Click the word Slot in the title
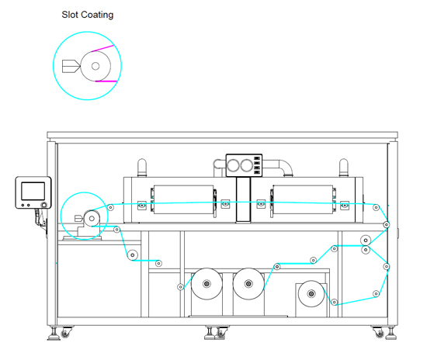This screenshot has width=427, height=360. point(70,15)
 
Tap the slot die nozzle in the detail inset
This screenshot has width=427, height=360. point(71,66)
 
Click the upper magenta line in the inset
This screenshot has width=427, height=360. point(102,48)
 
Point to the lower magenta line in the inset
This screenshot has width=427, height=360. point(106,81)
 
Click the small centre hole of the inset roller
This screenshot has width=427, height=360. point(95,66)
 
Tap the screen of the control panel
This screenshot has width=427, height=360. point(33,191)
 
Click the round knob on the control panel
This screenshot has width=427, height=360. point(43,205)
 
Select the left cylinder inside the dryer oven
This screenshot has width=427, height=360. point(183,199)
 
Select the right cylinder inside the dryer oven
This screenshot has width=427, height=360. point(303,199)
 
